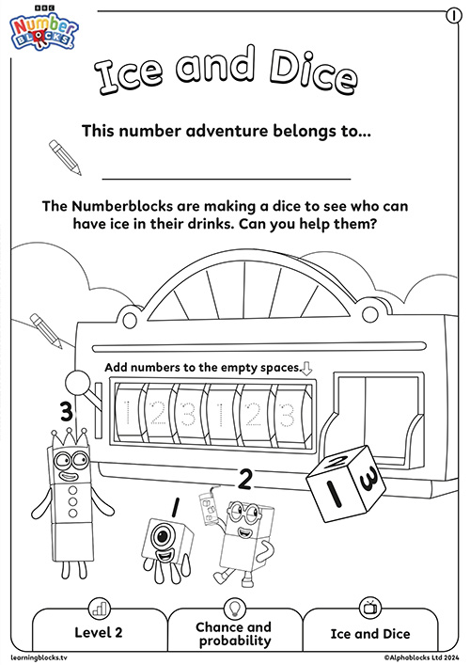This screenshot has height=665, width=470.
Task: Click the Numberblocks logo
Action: point(43,29)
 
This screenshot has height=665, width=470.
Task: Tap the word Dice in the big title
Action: point(312,72)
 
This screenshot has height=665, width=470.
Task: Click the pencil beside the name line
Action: point(65,157)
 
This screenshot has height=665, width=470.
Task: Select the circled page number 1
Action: point(453,16)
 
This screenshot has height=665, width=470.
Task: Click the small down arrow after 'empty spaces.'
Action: point(306,368)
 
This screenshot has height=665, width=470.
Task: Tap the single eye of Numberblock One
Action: point(163,536)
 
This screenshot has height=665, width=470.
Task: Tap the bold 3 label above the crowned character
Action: point(67,412)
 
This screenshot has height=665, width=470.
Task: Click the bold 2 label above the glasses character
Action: point(245,480)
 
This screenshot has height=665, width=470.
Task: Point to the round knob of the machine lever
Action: point(78,383)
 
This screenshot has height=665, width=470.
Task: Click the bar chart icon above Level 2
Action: point(100,609)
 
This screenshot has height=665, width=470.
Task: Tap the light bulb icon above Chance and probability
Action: point(233,608)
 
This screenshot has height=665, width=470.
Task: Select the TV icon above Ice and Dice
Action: point(369,608)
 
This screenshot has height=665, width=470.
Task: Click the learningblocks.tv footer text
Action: point(39,657)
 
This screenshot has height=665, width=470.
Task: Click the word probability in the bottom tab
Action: point(235,641)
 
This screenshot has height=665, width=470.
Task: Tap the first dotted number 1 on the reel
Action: point(127,412)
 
